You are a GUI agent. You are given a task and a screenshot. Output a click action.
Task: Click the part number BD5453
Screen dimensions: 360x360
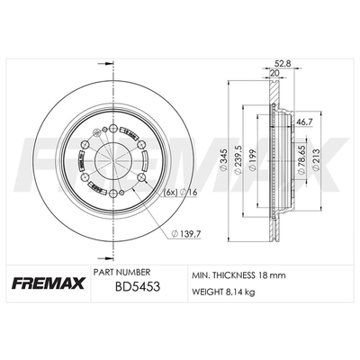138,287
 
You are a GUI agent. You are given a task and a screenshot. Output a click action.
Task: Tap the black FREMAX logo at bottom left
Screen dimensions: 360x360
49,283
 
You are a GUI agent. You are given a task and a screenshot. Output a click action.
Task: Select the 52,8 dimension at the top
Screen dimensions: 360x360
281,63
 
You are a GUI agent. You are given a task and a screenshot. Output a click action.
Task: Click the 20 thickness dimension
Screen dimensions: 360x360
274,73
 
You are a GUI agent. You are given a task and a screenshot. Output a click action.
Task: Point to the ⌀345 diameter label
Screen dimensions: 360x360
223,160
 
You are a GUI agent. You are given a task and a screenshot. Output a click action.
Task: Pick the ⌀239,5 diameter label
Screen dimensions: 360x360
238,160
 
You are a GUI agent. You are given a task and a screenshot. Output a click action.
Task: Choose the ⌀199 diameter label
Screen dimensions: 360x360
253,160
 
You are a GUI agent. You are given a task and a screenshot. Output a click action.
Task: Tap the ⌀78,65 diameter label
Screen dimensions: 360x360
301,160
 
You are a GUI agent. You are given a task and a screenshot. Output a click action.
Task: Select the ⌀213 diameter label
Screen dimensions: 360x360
317,160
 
